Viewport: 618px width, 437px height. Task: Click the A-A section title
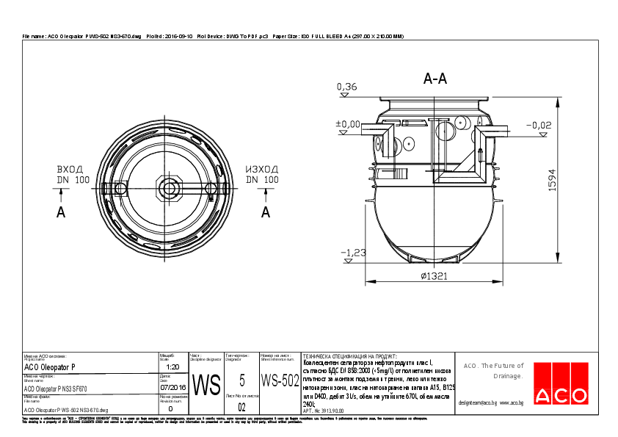435,79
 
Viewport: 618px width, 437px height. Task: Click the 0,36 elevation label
346,87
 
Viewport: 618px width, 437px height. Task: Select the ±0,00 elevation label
348,124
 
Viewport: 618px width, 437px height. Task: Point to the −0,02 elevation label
539,125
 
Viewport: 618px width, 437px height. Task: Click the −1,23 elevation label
353,253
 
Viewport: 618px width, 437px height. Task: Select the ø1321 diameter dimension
434,276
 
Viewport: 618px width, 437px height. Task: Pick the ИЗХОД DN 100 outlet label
262,174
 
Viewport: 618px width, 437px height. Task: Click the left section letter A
61,212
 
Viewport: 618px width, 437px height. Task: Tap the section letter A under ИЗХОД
266,212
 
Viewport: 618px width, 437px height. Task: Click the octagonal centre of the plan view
170,188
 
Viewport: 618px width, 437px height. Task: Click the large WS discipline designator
206,384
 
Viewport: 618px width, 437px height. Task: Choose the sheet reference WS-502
280,380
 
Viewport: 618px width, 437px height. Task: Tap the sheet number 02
242,405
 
